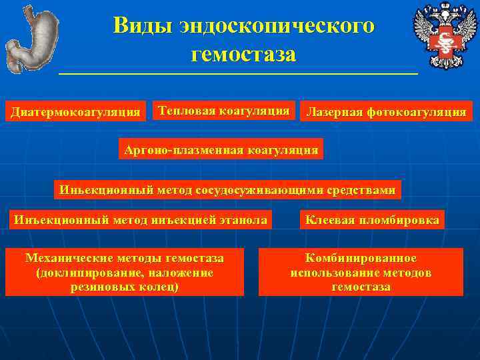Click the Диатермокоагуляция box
(76, 112)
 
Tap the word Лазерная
(334, 112)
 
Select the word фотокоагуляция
(416, 112)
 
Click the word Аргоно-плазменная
(183, 149)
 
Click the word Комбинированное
(361, 257)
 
